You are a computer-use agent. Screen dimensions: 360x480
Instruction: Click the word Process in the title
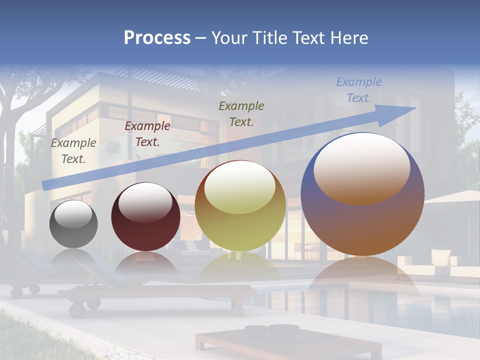tap(157, 38)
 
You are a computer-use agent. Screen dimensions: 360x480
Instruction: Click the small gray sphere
tap(73, 224)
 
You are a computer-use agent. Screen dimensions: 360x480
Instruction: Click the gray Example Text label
tap(73, 150)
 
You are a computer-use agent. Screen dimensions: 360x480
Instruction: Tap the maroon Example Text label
tap(147, 134)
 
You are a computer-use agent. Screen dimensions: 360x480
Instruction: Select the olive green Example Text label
tap(241, 113)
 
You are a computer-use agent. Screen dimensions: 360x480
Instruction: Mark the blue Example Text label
tap(358, 90)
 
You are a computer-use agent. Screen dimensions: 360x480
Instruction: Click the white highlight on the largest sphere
tap(361, 167)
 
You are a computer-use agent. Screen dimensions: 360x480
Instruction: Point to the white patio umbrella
tap(452, 197)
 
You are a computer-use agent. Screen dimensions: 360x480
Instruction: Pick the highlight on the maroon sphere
tap(145, 202)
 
